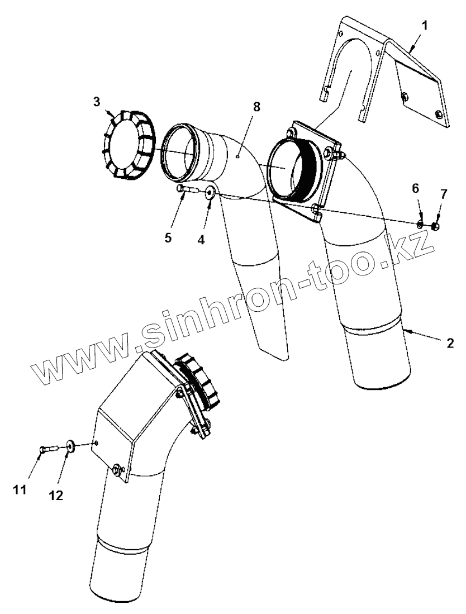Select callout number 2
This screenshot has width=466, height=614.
(x=450, y=341)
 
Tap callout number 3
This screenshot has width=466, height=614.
(x=97, y=101)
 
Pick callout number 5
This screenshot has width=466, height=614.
(x=168, y=237)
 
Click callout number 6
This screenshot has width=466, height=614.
(x=416, y=189)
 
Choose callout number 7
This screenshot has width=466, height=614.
(x=444, y=194)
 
